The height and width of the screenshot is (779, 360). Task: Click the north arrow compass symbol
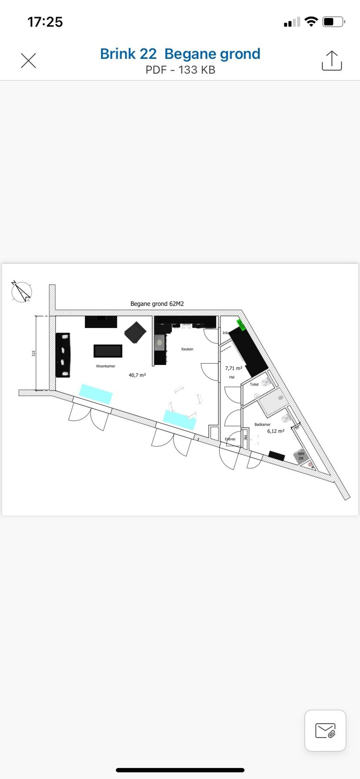[x=22, y=292]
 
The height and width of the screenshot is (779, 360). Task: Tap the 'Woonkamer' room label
[x=106, y=366]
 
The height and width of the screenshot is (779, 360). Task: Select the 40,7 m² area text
[x=137, y=375]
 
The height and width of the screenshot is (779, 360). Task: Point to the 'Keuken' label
[x=187, y=349]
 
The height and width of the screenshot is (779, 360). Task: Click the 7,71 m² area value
[x=234, y=368]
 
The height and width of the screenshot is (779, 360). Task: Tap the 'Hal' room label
[x=232, y=377]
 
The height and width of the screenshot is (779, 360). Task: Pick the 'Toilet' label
[x=254, y=384]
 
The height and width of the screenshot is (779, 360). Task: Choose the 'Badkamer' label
[x=263, y=424]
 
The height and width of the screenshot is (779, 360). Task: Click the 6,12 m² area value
[x=276, y=431]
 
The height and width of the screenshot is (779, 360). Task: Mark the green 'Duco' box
[x=241, y=325]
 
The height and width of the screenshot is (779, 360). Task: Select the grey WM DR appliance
[x=301, y=456]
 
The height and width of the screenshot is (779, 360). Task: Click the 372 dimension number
[x=33, y=353]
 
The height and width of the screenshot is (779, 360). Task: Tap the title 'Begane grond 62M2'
[x=157, y=304]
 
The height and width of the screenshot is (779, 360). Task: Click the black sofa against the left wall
[x=63, y=355]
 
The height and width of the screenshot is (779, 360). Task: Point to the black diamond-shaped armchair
[x=135, y=332]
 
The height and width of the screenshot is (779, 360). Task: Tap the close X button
[x=28, y=61]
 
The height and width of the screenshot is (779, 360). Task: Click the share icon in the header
[x=332, y=61]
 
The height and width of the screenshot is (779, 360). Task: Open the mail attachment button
[x=325, y=731]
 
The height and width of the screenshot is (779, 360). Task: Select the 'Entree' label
[x=230, y=439]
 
